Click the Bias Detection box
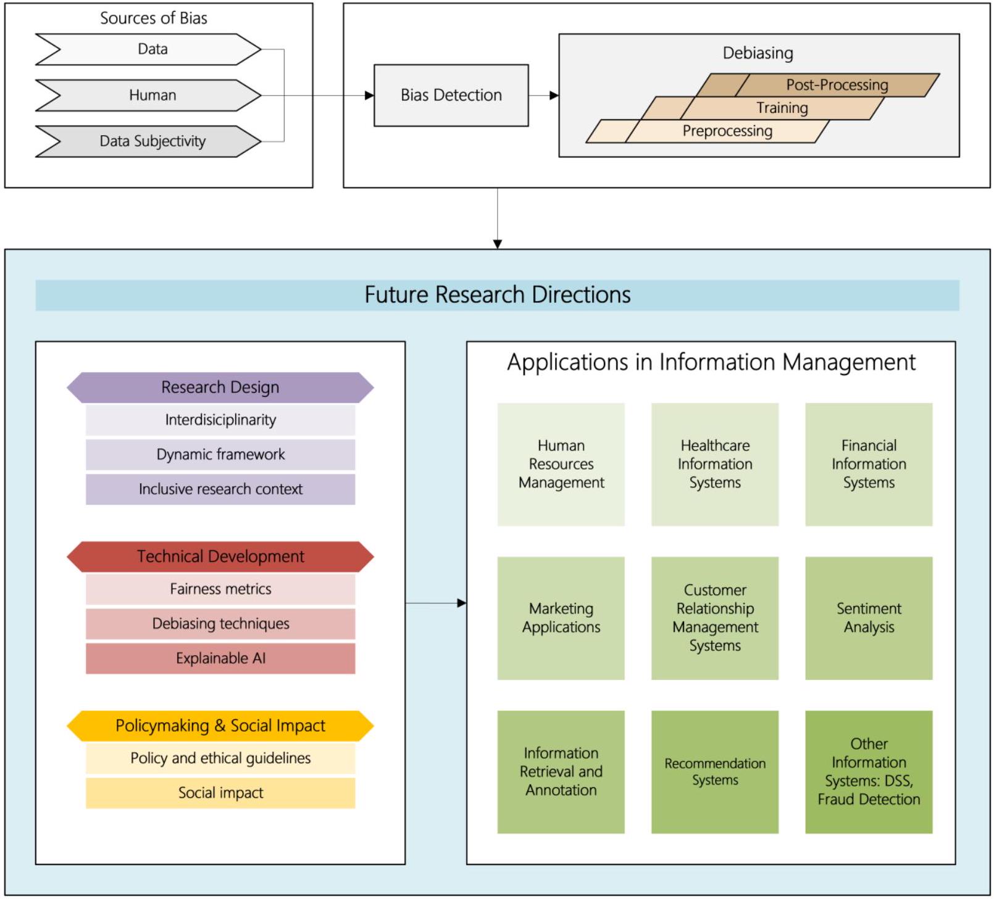(451, 95)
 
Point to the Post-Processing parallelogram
(837, 85)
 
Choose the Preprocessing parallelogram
(727, 131)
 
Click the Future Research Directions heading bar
(497, 295)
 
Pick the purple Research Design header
(220, 387)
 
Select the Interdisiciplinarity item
(220, 420)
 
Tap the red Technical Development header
(220, 557)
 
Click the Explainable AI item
(220, 658)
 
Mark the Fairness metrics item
(220, 589)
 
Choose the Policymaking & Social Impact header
(220, 726)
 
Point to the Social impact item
(220, 793)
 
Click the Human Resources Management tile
(561, 464)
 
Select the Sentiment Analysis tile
(868, 618)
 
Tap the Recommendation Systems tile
(714, 772)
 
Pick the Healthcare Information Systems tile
(714, 464)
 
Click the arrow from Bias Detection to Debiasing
(544, 96)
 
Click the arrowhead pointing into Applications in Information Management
(461, 603)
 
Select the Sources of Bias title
(154, 19)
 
